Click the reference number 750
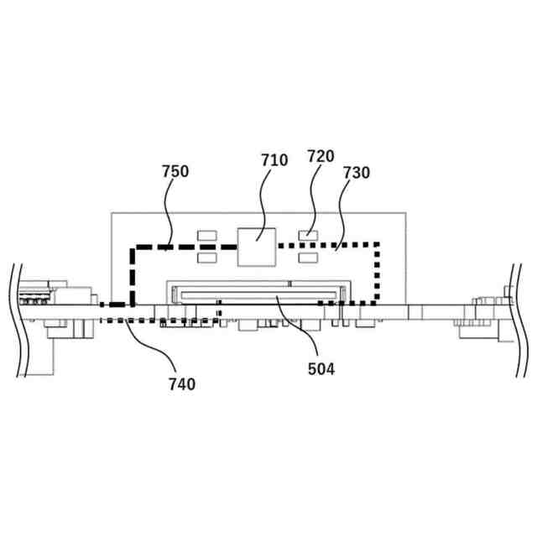pyautogui.click(x=175, y=171)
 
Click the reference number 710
pyautogui.click(x=274, y=159)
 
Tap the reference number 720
pyautogui.click(x=321, y=155)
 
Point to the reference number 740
pyautogui.click(x=181, y=384)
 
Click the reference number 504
pyautogui.click(x=321, y=368)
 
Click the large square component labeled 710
pyautogui.click(x=254, y=246)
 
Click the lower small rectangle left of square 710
pyautogui.click(x=206, y=258)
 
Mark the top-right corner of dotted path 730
pyautogui.click(x=378, y=245)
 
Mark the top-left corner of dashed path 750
pyautogui.click(x=132, y=248)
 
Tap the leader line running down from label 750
pyautogui.click(x=169, y=214)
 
